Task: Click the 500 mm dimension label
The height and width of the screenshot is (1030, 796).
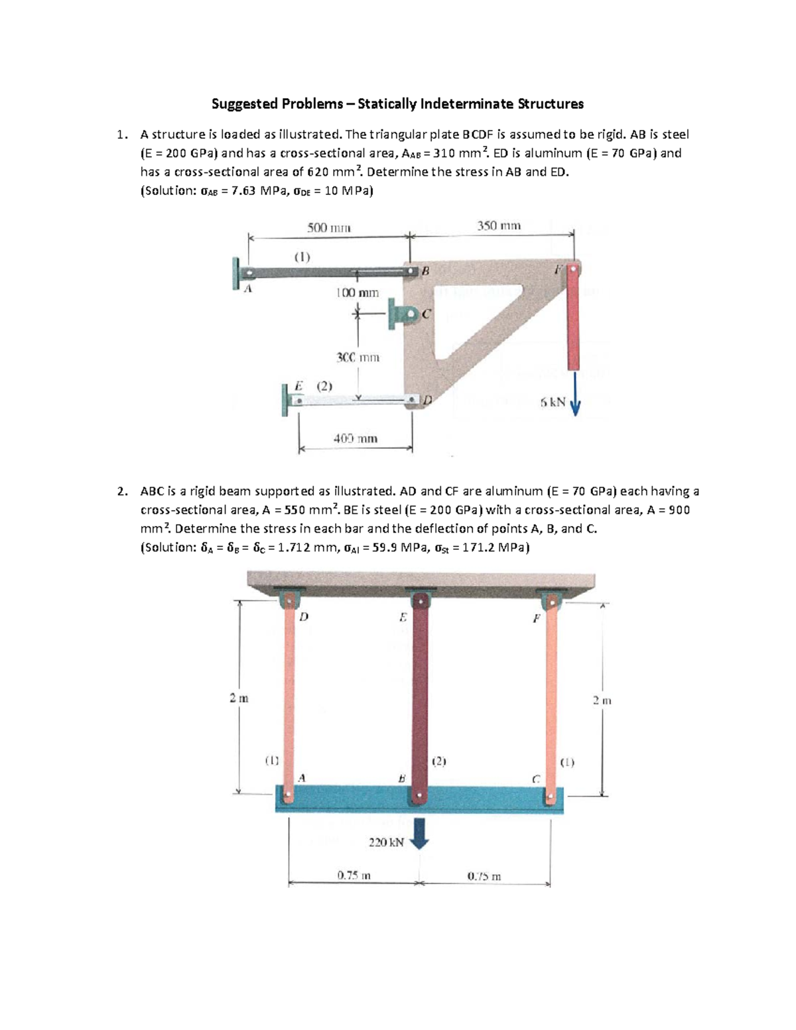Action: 328,227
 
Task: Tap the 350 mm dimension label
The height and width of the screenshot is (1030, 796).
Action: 499,225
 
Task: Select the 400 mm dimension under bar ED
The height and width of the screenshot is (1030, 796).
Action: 356,438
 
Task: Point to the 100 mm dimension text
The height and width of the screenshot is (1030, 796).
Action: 357,292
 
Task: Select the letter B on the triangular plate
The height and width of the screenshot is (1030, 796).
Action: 425,271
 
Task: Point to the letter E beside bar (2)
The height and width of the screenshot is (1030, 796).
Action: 298,385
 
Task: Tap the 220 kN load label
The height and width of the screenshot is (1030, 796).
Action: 386,842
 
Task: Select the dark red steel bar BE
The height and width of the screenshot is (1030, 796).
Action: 419,696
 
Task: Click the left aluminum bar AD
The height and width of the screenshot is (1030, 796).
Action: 289,696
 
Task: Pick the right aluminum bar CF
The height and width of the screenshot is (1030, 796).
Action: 551,696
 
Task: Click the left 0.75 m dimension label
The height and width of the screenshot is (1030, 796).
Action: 354,875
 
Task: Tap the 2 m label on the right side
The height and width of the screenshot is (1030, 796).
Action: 602,700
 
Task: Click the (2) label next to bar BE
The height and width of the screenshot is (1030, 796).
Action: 439,761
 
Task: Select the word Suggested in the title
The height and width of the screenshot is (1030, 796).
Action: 243,103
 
